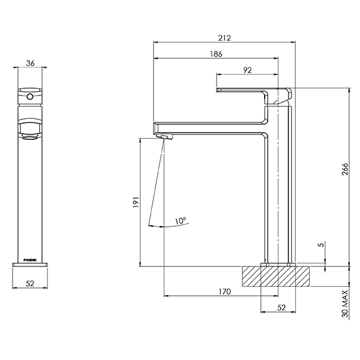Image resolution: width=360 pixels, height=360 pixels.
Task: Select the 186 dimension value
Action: [x=216, y=54]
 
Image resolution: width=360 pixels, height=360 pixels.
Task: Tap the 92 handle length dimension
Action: [x=247, y=70]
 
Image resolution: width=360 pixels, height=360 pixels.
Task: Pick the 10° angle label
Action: [x=180, y=221]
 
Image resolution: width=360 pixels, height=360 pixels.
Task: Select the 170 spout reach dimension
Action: [x=224, y=292]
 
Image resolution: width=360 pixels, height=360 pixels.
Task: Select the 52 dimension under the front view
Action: [x=30, y=283]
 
